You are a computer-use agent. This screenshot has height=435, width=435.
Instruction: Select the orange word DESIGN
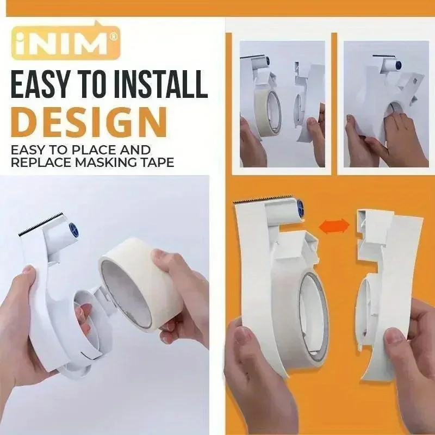pyautogui.click(x=88, y=122)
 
